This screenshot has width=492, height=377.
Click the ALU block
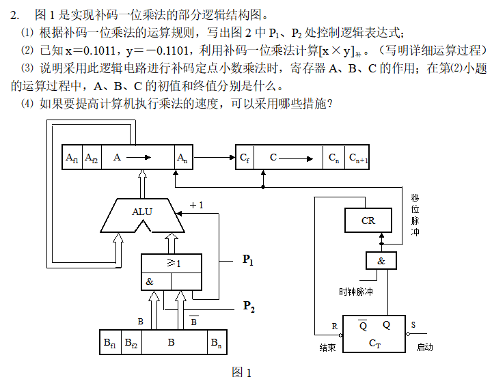pos(142,212)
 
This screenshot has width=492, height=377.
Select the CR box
pos(368,221)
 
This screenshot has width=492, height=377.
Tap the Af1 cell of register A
pos(72,158)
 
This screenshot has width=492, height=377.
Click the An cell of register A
pos(182,158)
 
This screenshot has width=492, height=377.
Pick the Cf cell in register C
pos(245,158)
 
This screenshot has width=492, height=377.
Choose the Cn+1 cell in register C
pos(359,158)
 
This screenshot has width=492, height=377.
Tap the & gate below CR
pos(381,261)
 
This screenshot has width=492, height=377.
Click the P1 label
pos(248,260)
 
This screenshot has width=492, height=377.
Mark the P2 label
pos(249,307)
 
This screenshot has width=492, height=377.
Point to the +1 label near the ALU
pos(196,205)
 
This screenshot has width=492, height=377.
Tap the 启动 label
pos(424,347)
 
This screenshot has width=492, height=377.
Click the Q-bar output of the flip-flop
pos(363,326)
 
